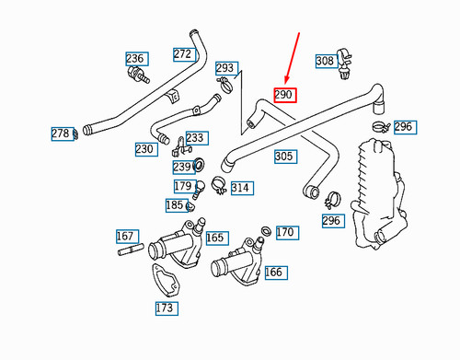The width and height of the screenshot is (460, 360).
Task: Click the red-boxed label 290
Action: click(x=283, y=96)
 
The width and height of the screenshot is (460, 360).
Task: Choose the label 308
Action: click(x=326, y=61)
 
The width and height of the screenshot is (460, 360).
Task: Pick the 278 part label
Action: click(x=61, y=134)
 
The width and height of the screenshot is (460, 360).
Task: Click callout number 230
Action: click(x=144, y=149)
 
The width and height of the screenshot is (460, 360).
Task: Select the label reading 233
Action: click(x=195, y=138)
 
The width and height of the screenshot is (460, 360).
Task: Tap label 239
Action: click(x=183, y=168)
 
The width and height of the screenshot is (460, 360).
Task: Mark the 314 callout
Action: click(x=240, y=189)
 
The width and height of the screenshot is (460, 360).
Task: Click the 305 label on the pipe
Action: click(x=284, y=157)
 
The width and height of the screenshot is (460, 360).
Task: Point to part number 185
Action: click(x=175, y=205)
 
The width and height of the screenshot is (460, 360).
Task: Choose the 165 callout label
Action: click(x=215, y=238)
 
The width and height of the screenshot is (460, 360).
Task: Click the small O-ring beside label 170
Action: click(x=266, y=230)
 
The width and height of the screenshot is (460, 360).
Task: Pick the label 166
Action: click(x=274, y=273)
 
